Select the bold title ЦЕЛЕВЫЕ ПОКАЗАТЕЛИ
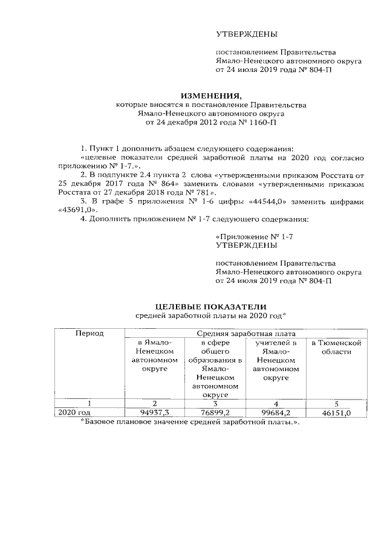click(211, 306)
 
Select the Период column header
click(89, 334)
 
